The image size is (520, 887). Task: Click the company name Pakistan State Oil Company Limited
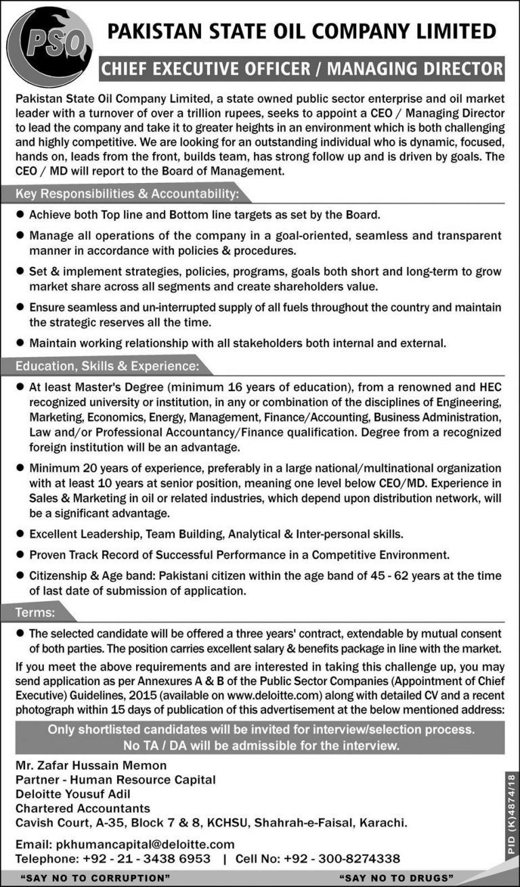tap(302, 31)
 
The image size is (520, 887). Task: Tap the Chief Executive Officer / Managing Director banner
tap(302, 68)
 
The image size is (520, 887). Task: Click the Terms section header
tap(36, 613)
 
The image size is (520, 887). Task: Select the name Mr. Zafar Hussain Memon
tap(91, 765)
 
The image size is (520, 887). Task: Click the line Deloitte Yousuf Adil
tap(73, 793)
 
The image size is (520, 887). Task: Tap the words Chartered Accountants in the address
tap(83, 808)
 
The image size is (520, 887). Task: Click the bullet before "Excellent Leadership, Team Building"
tap(20, 534)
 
